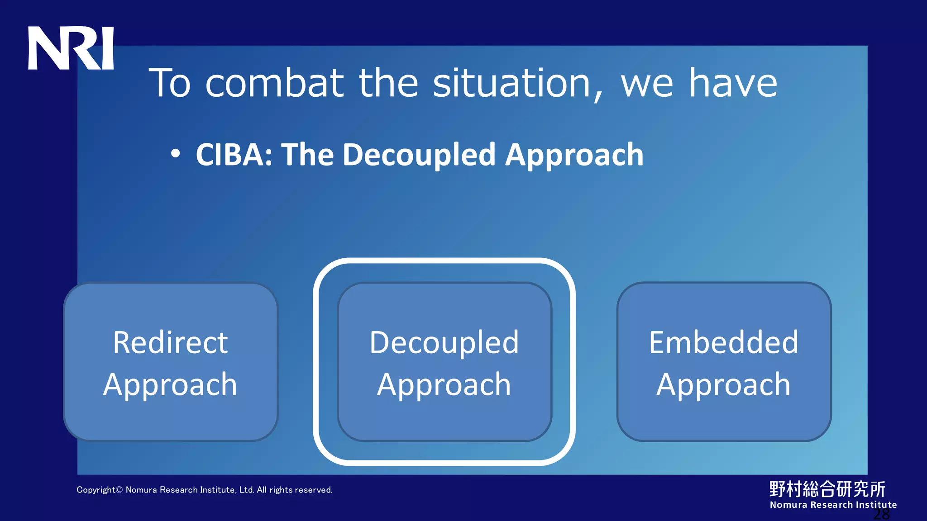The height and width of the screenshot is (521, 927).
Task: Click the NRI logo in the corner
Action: (x=71, y=48)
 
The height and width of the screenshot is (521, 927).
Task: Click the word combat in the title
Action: (x=274, y=83)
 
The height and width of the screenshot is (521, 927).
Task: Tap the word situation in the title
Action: (x=511, y=83)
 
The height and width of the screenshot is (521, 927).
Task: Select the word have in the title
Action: (x=733, y=83)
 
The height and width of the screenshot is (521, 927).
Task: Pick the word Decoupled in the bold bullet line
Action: (x=419, y=155)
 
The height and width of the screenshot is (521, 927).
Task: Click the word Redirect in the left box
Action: (x=170, y=342)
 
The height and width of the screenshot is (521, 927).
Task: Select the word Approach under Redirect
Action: (x=170, y=385)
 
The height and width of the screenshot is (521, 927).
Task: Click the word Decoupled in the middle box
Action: (x=444, y=342)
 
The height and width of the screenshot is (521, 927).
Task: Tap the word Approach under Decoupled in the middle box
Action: (x=444, y=385)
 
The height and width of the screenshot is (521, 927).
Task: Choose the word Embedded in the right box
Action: (x=723, y=342)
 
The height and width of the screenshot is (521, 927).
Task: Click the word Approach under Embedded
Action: (x=723, y=385)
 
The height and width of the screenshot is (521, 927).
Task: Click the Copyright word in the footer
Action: (x=96, y=490)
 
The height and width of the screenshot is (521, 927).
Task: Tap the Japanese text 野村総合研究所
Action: (x=827, y=489)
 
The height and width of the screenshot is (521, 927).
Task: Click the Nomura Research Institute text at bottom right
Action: (x=833, y=505)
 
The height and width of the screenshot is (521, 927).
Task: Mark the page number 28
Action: (x=881, y=515)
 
